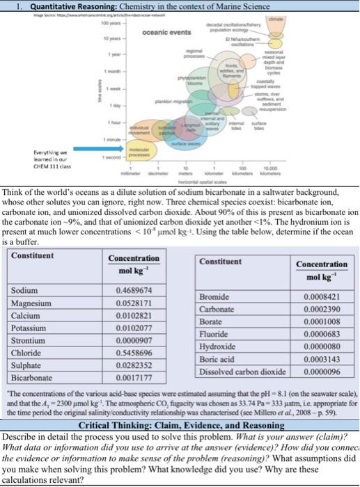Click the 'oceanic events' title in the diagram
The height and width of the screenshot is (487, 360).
click(x=147, y=33)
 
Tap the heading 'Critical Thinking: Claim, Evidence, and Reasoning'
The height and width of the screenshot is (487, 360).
click(x=179, y=424)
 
